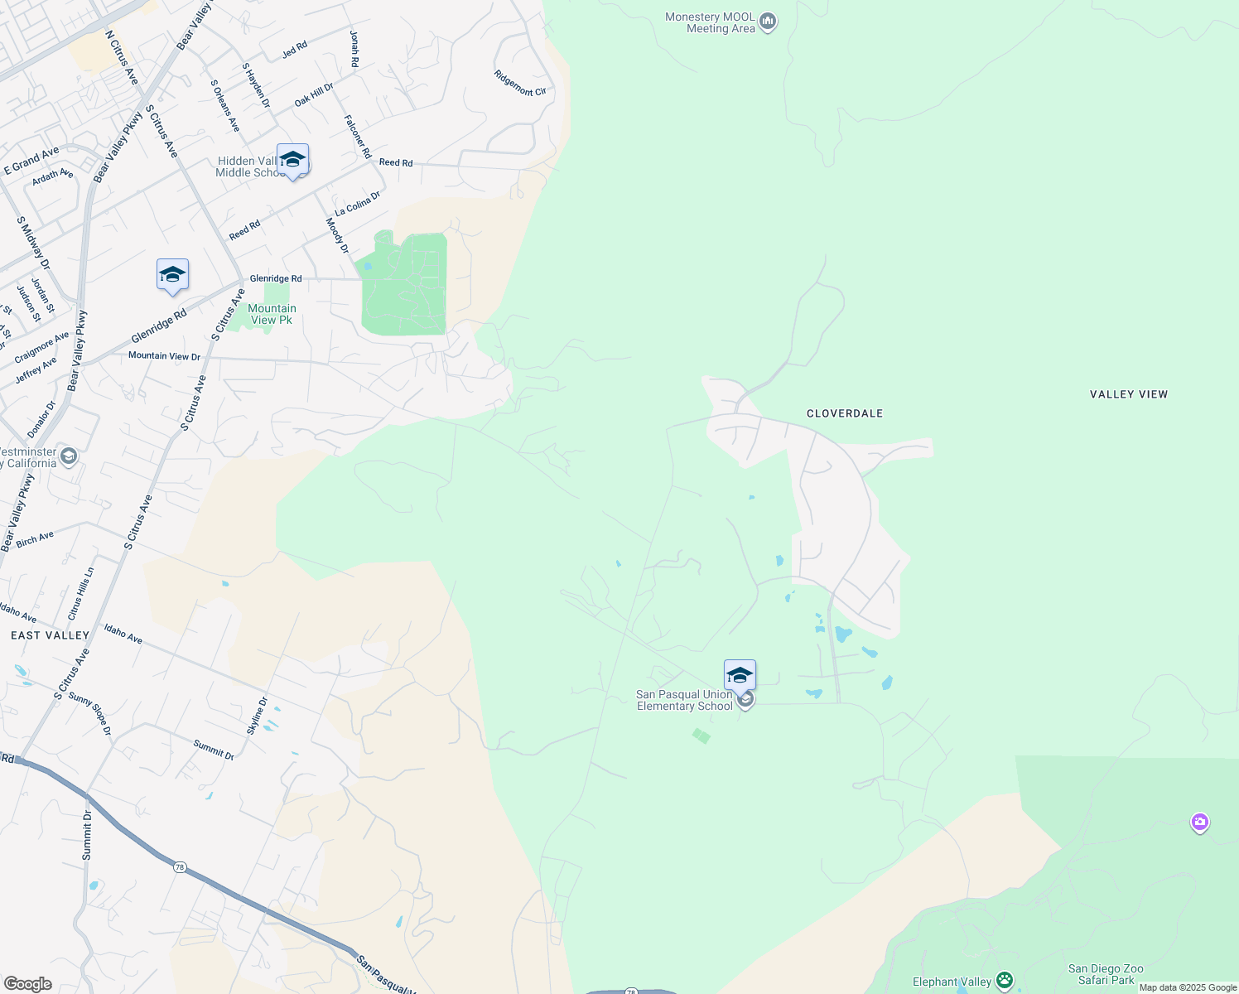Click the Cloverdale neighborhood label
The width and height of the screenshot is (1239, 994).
pos(845,413)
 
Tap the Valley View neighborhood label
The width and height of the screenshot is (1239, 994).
pos(1129,394)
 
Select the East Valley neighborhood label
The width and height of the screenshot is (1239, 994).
pos(50,635)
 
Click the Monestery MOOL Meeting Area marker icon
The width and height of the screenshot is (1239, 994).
pos(768,22)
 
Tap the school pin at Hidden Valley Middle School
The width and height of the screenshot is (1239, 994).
pos(292,159)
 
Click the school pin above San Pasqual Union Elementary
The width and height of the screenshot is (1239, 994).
pos(740,675)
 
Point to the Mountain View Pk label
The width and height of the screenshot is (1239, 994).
pos(272,314)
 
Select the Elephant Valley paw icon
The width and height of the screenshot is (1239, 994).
pos(1005,982)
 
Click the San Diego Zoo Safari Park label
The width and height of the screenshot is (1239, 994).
pos(1106,974)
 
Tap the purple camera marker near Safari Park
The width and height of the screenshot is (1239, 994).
pos(1199,823)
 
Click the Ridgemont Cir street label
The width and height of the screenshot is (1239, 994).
pos(520,84)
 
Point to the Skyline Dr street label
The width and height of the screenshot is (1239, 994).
pos(258,716)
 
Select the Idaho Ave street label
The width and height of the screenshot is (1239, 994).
pos(123,634)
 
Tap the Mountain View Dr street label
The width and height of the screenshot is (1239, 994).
pos(164,356)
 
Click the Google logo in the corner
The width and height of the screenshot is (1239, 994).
pos(27,984)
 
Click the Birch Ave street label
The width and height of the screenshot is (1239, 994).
pos(35,539)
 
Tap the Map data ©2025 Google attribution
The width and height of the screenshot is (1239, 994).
pos(1188,987)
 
